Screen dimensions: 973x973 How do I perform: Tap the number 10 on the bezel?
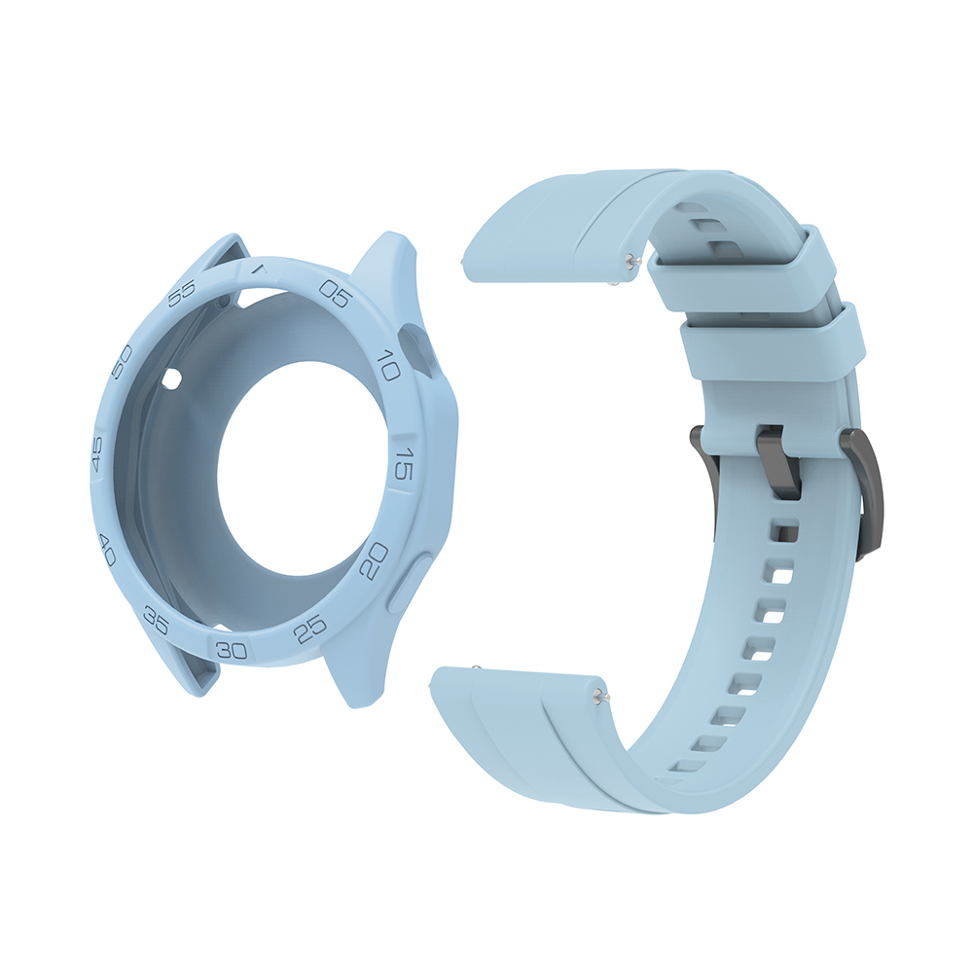click(388, 365)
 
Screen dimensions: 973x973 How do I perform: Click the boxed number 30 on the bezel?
click(233, 650)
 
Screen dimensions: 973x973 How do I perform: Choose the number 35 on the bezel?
click(156, 621)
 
